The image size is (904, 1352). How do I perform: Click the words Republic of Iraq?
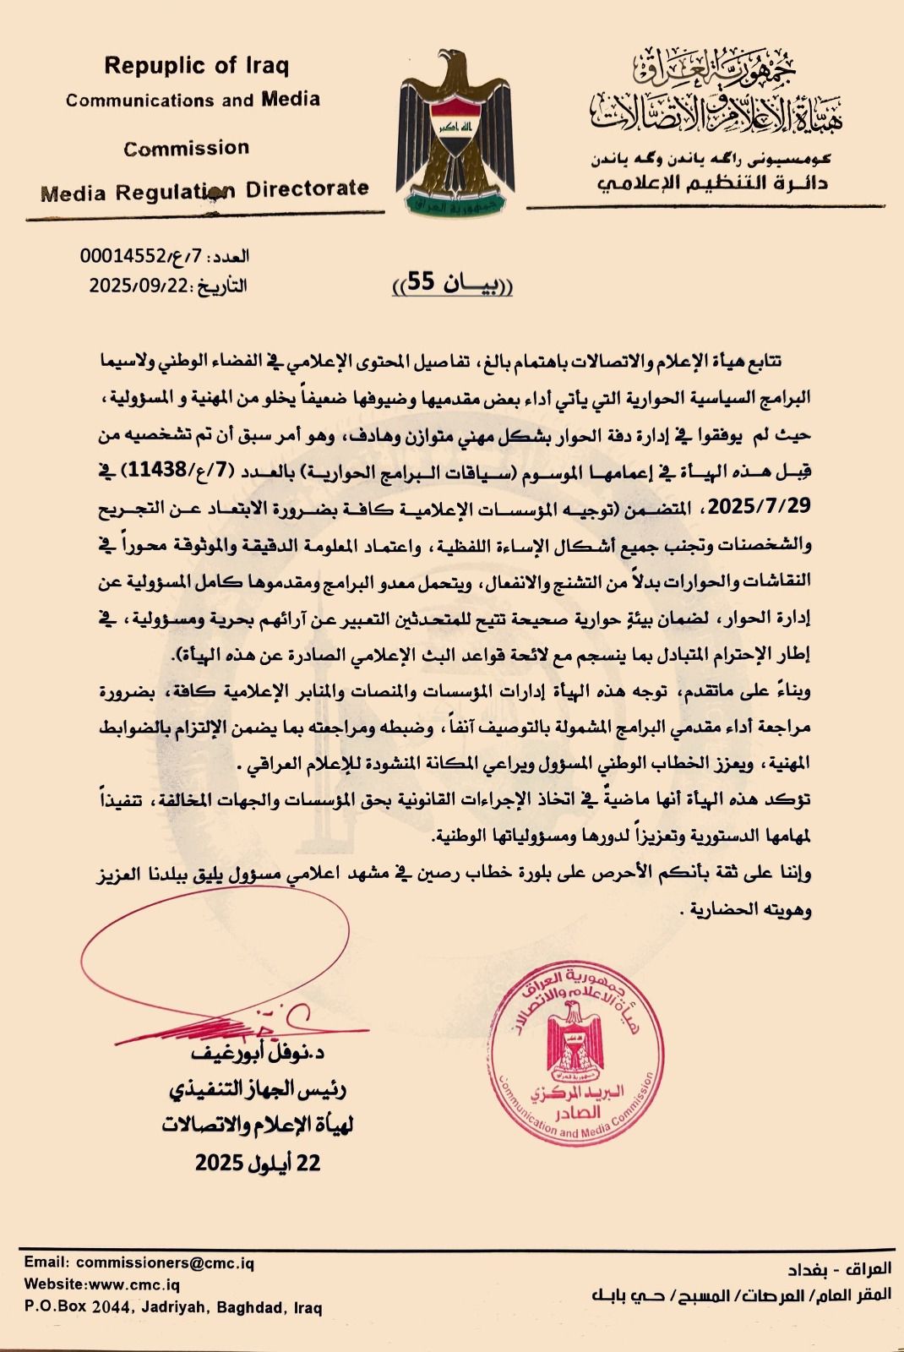point(196,65)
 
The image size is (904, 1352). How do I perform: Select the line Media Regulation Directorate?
point(205,190)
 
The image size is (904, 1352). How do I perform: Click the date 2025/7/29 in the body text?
point(760,506)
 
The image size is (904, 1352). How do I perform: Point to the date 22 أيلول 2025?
point(259,1164)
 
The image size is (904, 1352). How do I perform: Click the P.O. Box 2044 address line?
point(173,1308)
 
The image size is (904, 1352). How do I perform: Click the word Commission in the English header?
point(186,149)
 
